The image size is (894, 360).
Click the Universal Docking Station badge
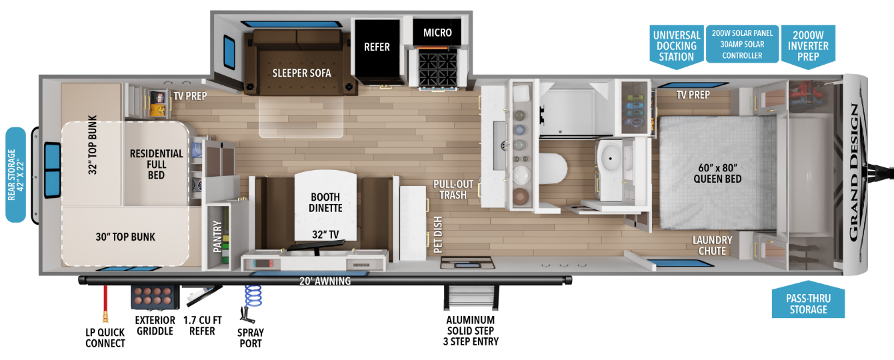677,46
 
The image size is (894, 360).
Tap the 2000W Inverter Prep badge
808,46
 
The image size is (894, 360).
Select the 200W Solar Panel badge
743,44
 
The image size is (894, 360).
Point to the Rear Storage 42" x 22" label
16,175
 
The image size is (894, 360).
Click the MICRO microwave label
437,33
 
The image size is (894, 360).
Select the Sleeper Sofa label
302,73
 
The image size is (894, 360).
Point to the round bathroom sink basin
610,159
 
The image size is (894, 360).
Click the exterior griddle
155,297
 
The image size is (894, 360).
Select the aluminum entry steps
471,297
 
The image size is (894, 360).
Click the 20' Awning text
325,281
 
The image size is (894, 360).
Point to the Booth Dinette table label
325,203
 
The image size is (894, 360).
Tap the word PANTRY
217,237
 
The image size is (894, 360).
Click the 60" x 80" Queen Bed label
717,173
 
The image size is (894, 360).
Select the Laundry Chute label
713,245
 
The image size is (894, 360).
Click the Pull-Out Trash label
453,189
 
